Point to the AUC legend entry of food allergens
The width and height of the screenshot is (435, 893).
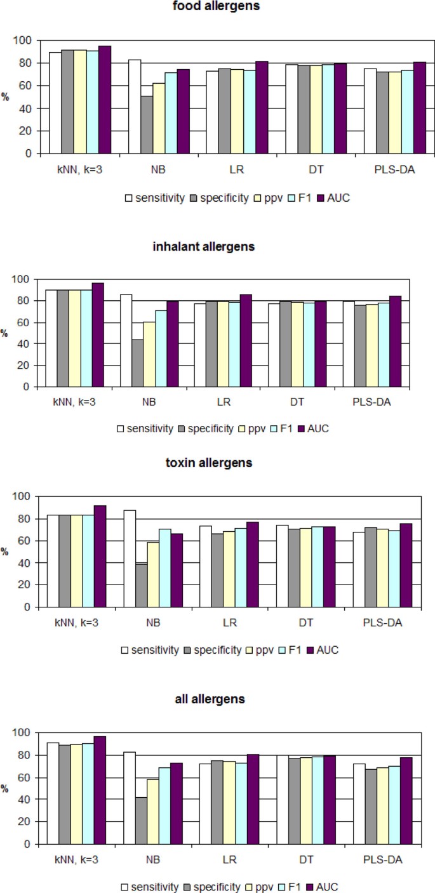tap(335, 197)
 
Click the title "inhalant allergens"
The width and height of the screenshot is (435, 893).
tap(217, 246)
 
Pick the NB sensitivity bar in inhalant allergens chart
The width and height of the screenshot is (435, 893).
tap(126, 340)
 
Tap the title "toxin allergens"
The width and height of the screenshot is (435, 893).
tap(217, 462)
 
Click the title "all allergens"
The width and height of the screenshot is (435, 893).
tap(217, 699)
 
